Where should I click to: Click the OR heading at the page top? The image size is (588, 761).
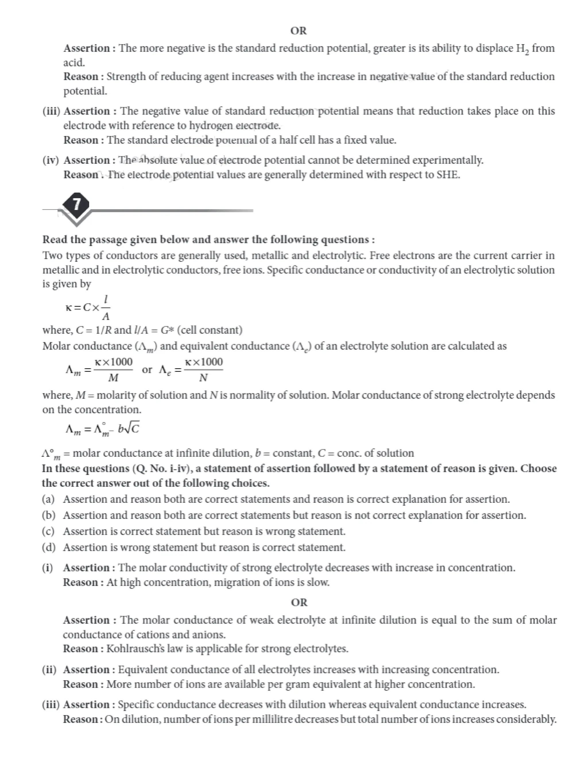pos(299,31)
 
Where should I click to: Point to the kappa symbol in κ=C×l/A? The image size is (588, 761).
pos(68,307)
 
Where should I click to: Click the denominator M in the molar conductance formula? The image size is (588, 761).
pos(113,378)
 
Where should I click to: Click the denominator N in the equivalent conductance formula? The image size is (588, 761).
pos(204,378)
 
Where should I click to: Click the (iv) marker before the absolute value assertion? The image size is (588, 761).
pos(51,160)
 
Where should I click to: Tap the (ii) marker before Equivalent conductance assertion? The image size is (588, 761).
pos(49,669)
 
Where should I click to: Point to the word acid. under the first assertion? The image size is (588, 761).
pos(74,63)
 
